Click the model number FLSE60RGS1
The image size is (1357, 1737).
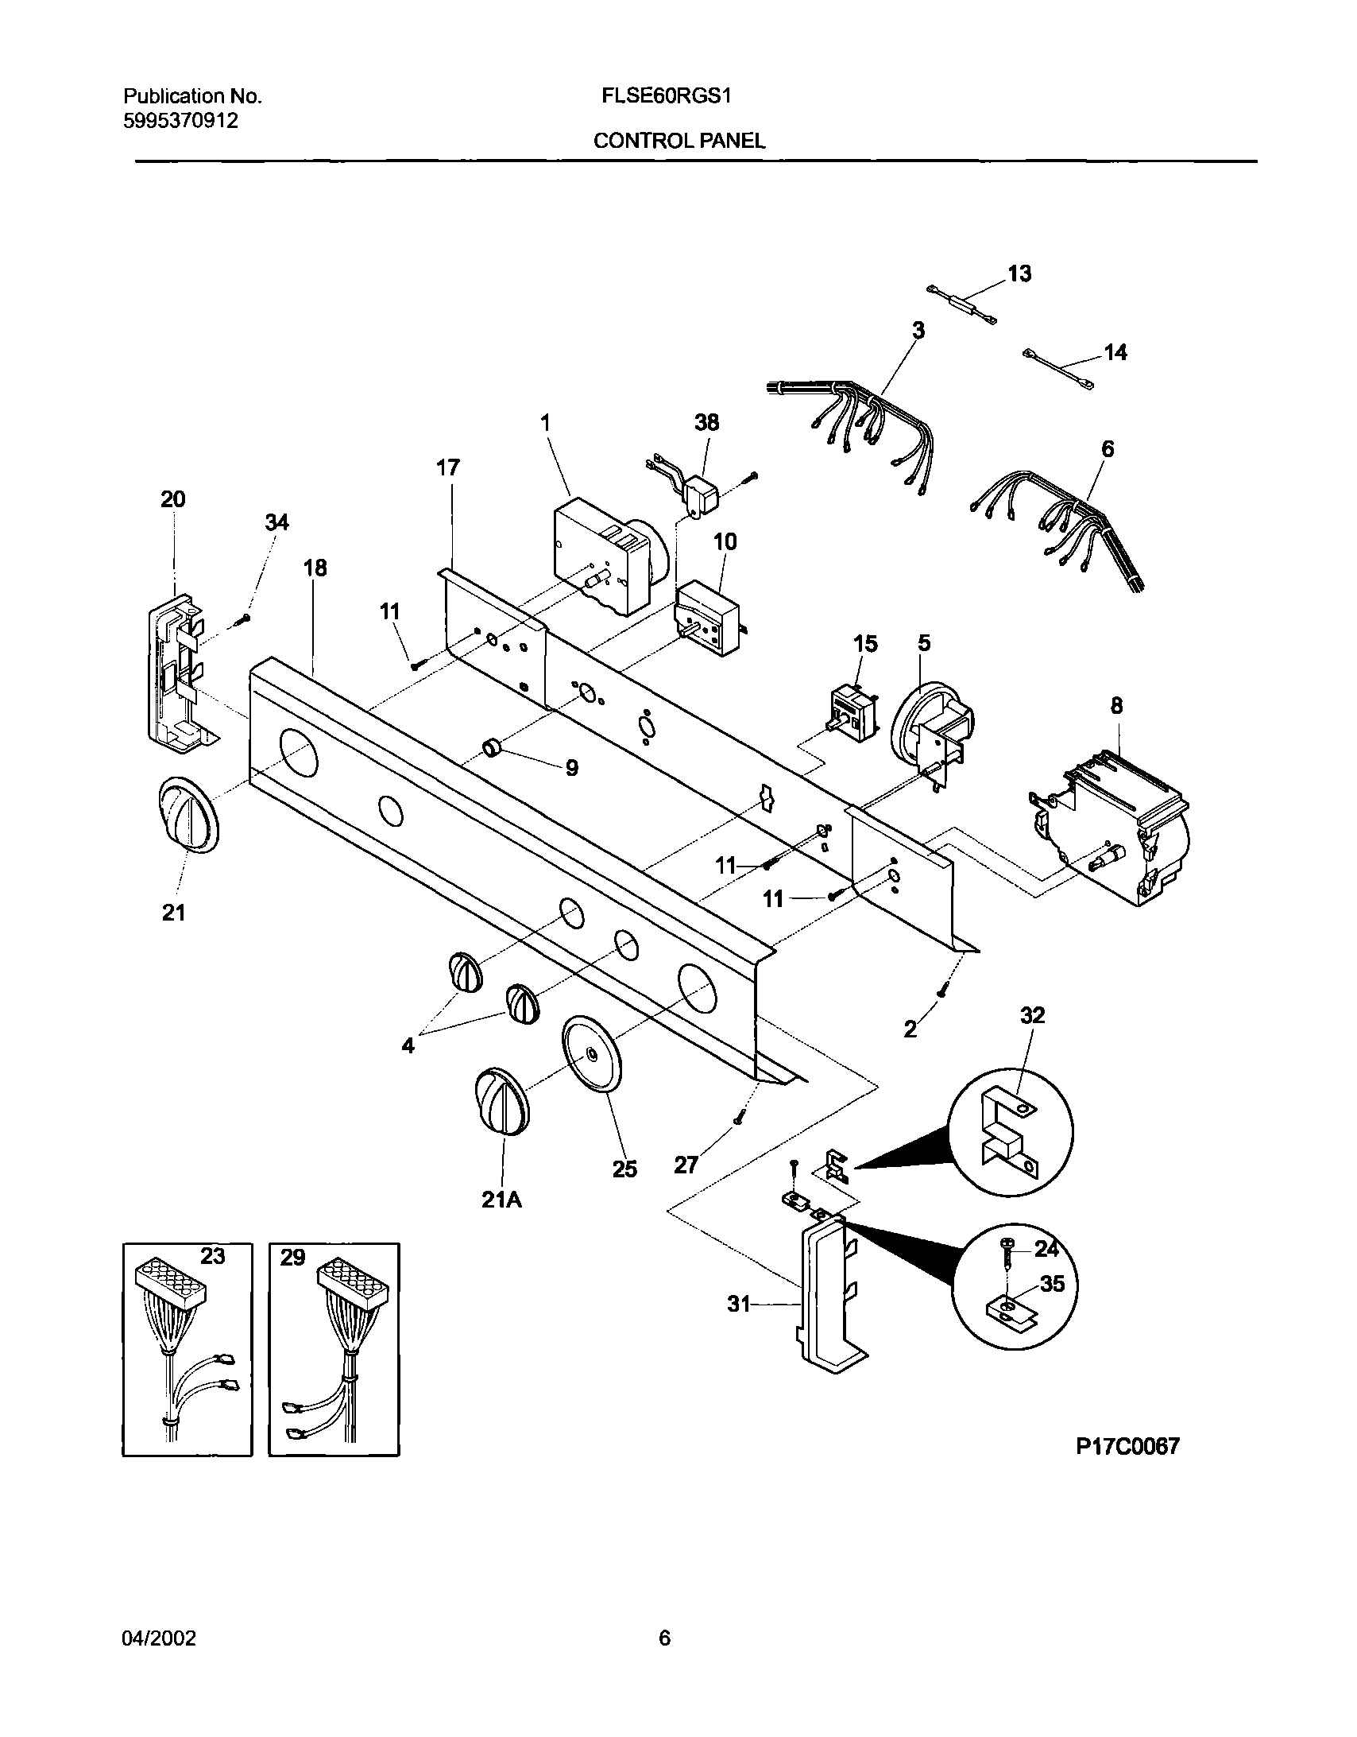(666, 96)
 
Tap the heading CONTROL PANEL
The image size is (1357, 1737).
(680, 141)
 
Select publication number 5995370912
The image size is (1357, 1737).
(180, 121)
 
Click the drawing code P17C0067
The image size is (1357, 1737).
(1127, 1446)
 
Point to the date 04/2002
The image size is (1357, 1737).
(159, 1638)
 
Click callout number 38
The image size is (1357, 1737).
(706, 422)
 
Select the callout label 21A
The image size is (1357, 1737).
(501, 1200)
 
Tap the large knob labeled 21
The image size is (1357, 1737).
(189, 814)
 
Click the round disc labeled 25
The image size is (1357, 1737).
(592, 1055)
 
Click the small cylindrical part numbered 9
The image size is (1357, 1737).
(494, 746)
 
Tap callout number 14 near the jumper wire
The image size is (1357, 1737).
(1115, 352)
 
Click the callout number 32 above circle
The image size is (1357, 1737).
(1032, 1016)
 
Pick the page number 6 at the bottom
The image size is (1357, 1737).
(664, 1638)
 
